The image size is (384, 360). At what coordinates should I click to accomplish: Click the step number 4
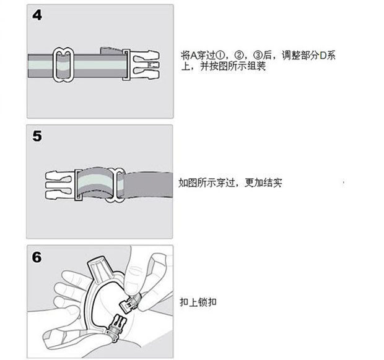37,15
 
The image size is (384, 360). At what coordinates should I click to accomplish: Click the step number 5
37,136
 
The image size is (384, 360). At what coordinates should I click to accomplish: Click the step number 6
37,257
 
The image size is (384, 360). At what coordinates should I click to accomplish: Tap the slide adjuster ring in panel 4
54,65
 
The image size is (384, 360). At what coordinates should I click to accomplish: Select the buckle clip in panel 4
141,64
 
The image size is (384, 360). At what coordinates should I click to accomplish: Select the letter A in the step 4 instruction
193,56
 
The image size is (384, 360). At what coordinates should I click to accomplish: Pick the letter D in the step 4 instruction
323,56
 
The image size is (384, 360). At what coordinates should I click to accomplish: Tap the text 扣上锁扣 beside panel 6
198,302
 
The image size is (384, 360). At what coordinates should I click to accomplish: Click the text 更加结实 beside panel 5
263,182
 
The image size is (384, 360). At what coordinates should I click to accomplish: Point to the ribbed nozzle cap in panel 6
100,268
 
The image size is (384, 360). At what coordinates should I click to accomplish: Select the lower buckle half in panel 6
116,328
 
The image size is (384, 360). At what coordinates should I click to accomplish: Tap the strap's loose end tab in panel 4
111,51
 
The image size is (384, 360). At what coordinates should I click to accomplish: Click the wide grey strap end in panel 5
147,185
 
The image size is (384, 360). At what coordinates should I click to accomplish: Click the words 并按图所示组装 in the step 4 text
233,67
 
